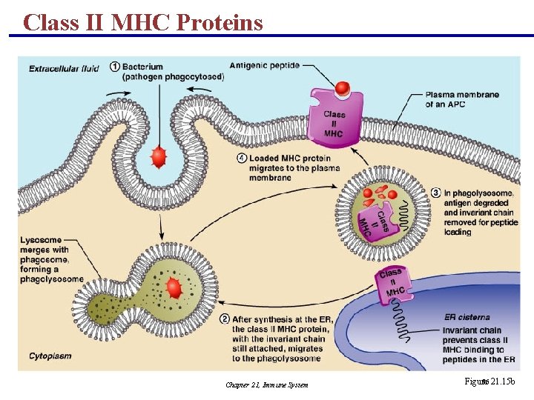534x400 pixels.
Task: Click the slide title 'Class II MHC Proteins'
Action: point(143,21)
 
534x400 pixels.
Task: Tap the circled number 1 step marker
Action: point(115,67)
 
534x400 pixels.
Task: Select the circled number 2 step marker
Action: point(225,319)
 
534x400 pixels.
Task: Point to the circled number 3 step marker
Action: point(435,193)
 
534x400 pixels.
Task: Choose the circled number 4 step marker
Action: point(241,159)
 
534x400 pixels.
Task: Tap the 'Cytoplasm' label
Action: point(50,356)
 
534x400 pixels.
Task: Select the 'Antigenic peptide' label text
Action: point(264,65)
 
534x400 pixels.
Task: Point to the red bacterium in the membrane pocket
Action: point(157,157)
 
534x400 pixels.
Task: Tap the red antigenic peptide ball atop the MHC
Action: point(342,89)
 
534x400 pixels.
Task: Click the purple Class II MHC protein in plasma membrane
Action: point(336,119)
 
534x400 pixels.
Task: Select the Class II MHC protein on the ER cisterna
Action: point(391,283)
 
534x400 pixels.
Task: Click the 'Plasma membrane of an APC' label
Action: point(461,99)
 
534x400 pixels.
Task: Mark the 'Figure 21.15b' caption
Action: point(489,381)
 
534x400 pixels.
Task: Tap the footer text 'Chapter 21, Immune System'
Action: point(266,384)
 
